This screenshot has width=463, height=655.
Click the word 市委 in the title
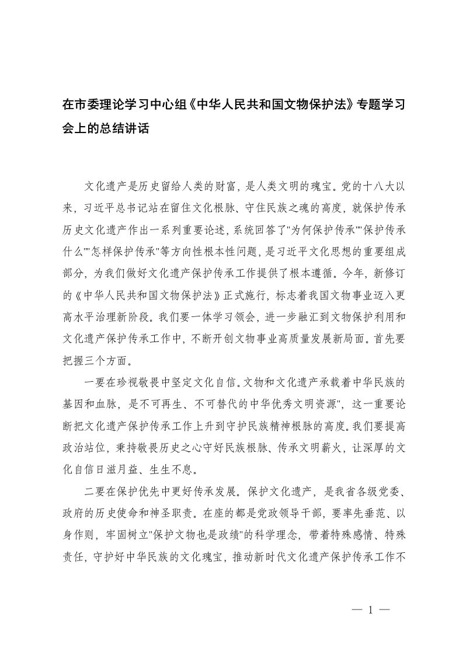pyautogui.click(x=86, y=106)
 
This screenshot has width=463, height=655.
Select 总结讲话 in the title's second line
pyautogui.click(x=126, y=128)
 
